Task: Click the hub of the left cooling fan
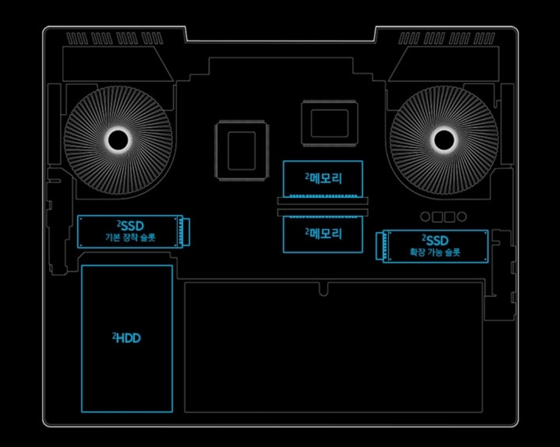tap(118, 138)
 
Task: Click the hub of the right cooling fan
tap(444, 138)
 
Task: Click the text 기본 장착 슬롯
tap(130, 239)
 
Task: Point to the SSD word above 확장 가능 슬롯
tap(437, 240)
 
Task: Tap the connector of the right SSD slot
tap(381, 246)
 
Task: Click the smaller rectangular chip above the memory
tap(329, 123)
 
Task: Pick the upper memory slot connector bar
tap(323, 200)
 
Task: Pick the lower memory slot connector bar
tap(323, 212)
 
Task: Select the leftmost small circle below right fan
tap(426, 216)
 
